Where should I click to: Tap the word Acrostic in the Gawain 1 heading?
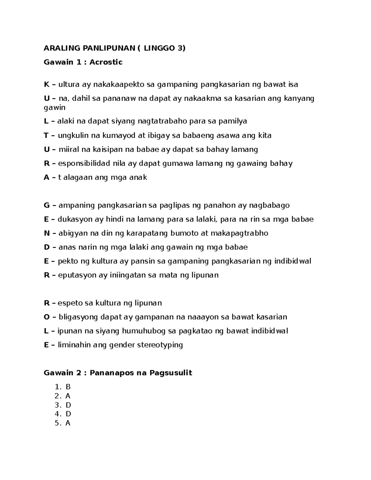106,62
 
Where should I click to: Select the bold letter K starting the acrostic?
47,84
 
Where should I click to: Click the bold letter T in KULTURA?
46,135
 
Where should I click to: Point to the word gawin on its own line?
55,108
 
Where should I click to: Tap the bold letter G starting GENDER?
47,205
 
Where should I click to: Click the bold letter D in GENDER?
47,247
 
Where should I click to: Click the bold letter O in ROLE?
47,317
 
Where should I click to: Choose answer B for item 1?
68,387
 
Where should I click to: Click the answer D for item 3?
68,405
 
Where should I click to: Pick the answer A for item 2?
68,396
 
